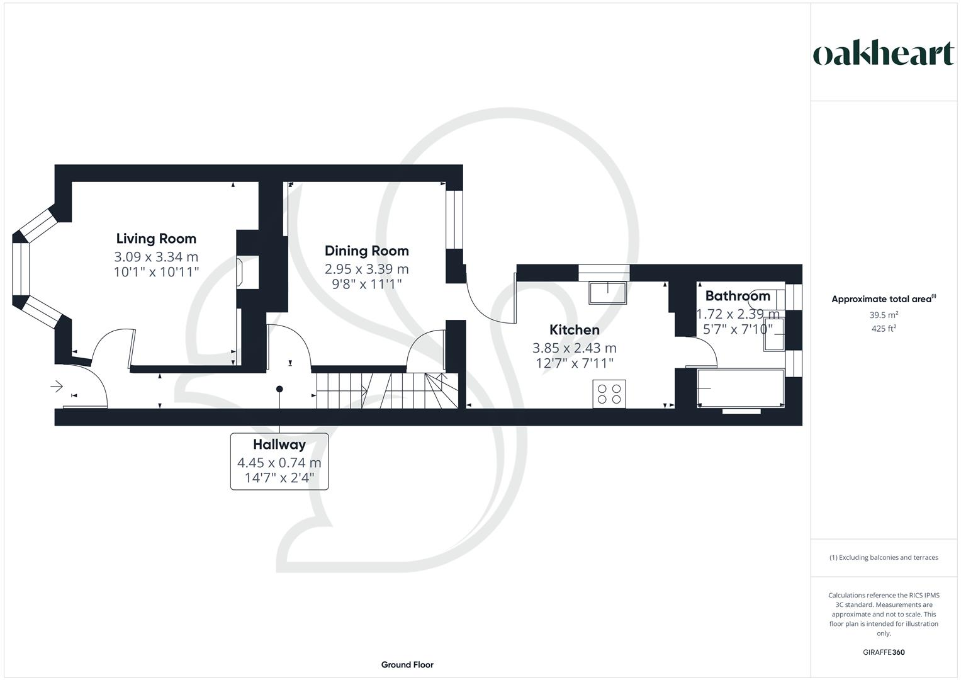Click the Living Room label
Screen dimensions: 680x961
156,239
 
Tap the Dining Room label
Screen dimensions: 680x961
366,251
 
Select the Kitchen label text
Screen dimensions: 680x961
574,330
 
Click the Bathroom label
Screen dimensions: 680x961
737,296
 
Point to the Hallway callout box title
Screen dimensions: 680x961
279,445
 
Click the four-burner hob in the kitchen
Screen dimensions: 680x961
609,394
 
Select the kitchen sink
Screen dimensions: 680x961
607,292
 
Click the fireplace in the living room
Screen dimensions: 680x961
240,272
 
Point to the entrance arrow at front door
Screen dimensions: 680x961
57,386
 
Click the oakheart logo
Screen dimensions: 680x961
883,54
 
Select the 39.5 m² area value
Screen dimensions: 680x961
884,315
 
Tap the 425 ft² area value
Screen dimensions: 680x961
884,329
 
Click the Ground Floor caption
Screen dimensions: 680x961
407,664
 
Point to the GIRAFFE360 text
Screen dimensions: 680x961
884,652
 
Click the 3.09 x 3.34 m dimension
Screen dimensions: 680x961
156,257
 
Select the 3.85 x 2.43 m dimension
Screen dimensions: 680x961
574,348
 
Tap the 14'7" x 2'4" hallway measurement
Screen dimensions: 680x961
279,479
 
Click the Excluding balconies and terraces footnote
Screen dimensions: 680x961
884,557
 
